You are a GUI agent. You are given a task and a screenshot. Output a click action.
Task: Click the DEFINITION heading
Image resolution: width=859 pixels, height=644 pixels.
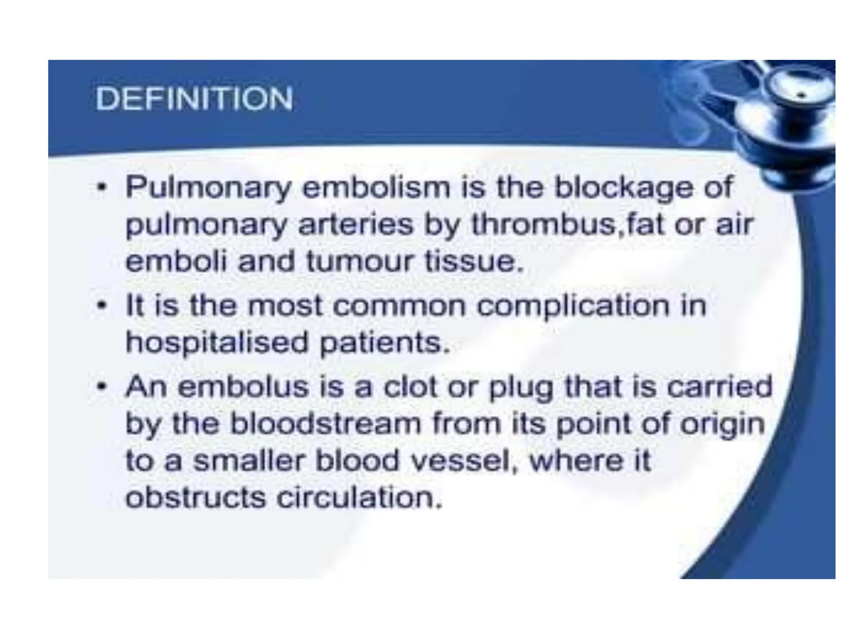tap(194, 99)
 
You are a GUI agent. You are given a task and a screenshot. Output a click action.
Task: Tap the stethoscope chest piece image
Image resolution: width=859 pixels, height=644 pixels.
tap(789, 109)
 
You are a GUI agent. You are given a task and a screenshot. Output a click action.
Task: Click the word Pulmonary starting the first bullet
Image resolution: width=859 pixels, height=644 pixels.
tap(208, 187)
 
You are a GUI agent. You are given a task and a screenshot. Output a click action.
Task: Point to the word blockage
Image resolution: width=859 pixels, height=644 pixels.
tap(623, 187)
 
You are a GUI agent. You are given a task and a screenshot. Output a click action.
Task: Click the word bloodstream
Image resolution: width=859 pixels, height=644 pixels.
tap(325, 423)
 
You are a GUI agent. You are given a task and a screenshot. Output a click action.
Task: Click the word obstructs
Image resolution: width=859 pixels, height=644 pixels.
tap(195, 498)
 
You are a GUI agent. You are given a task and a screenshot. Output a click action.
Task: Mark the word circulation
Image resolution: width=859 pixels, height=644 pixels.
tap(359, 498)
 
